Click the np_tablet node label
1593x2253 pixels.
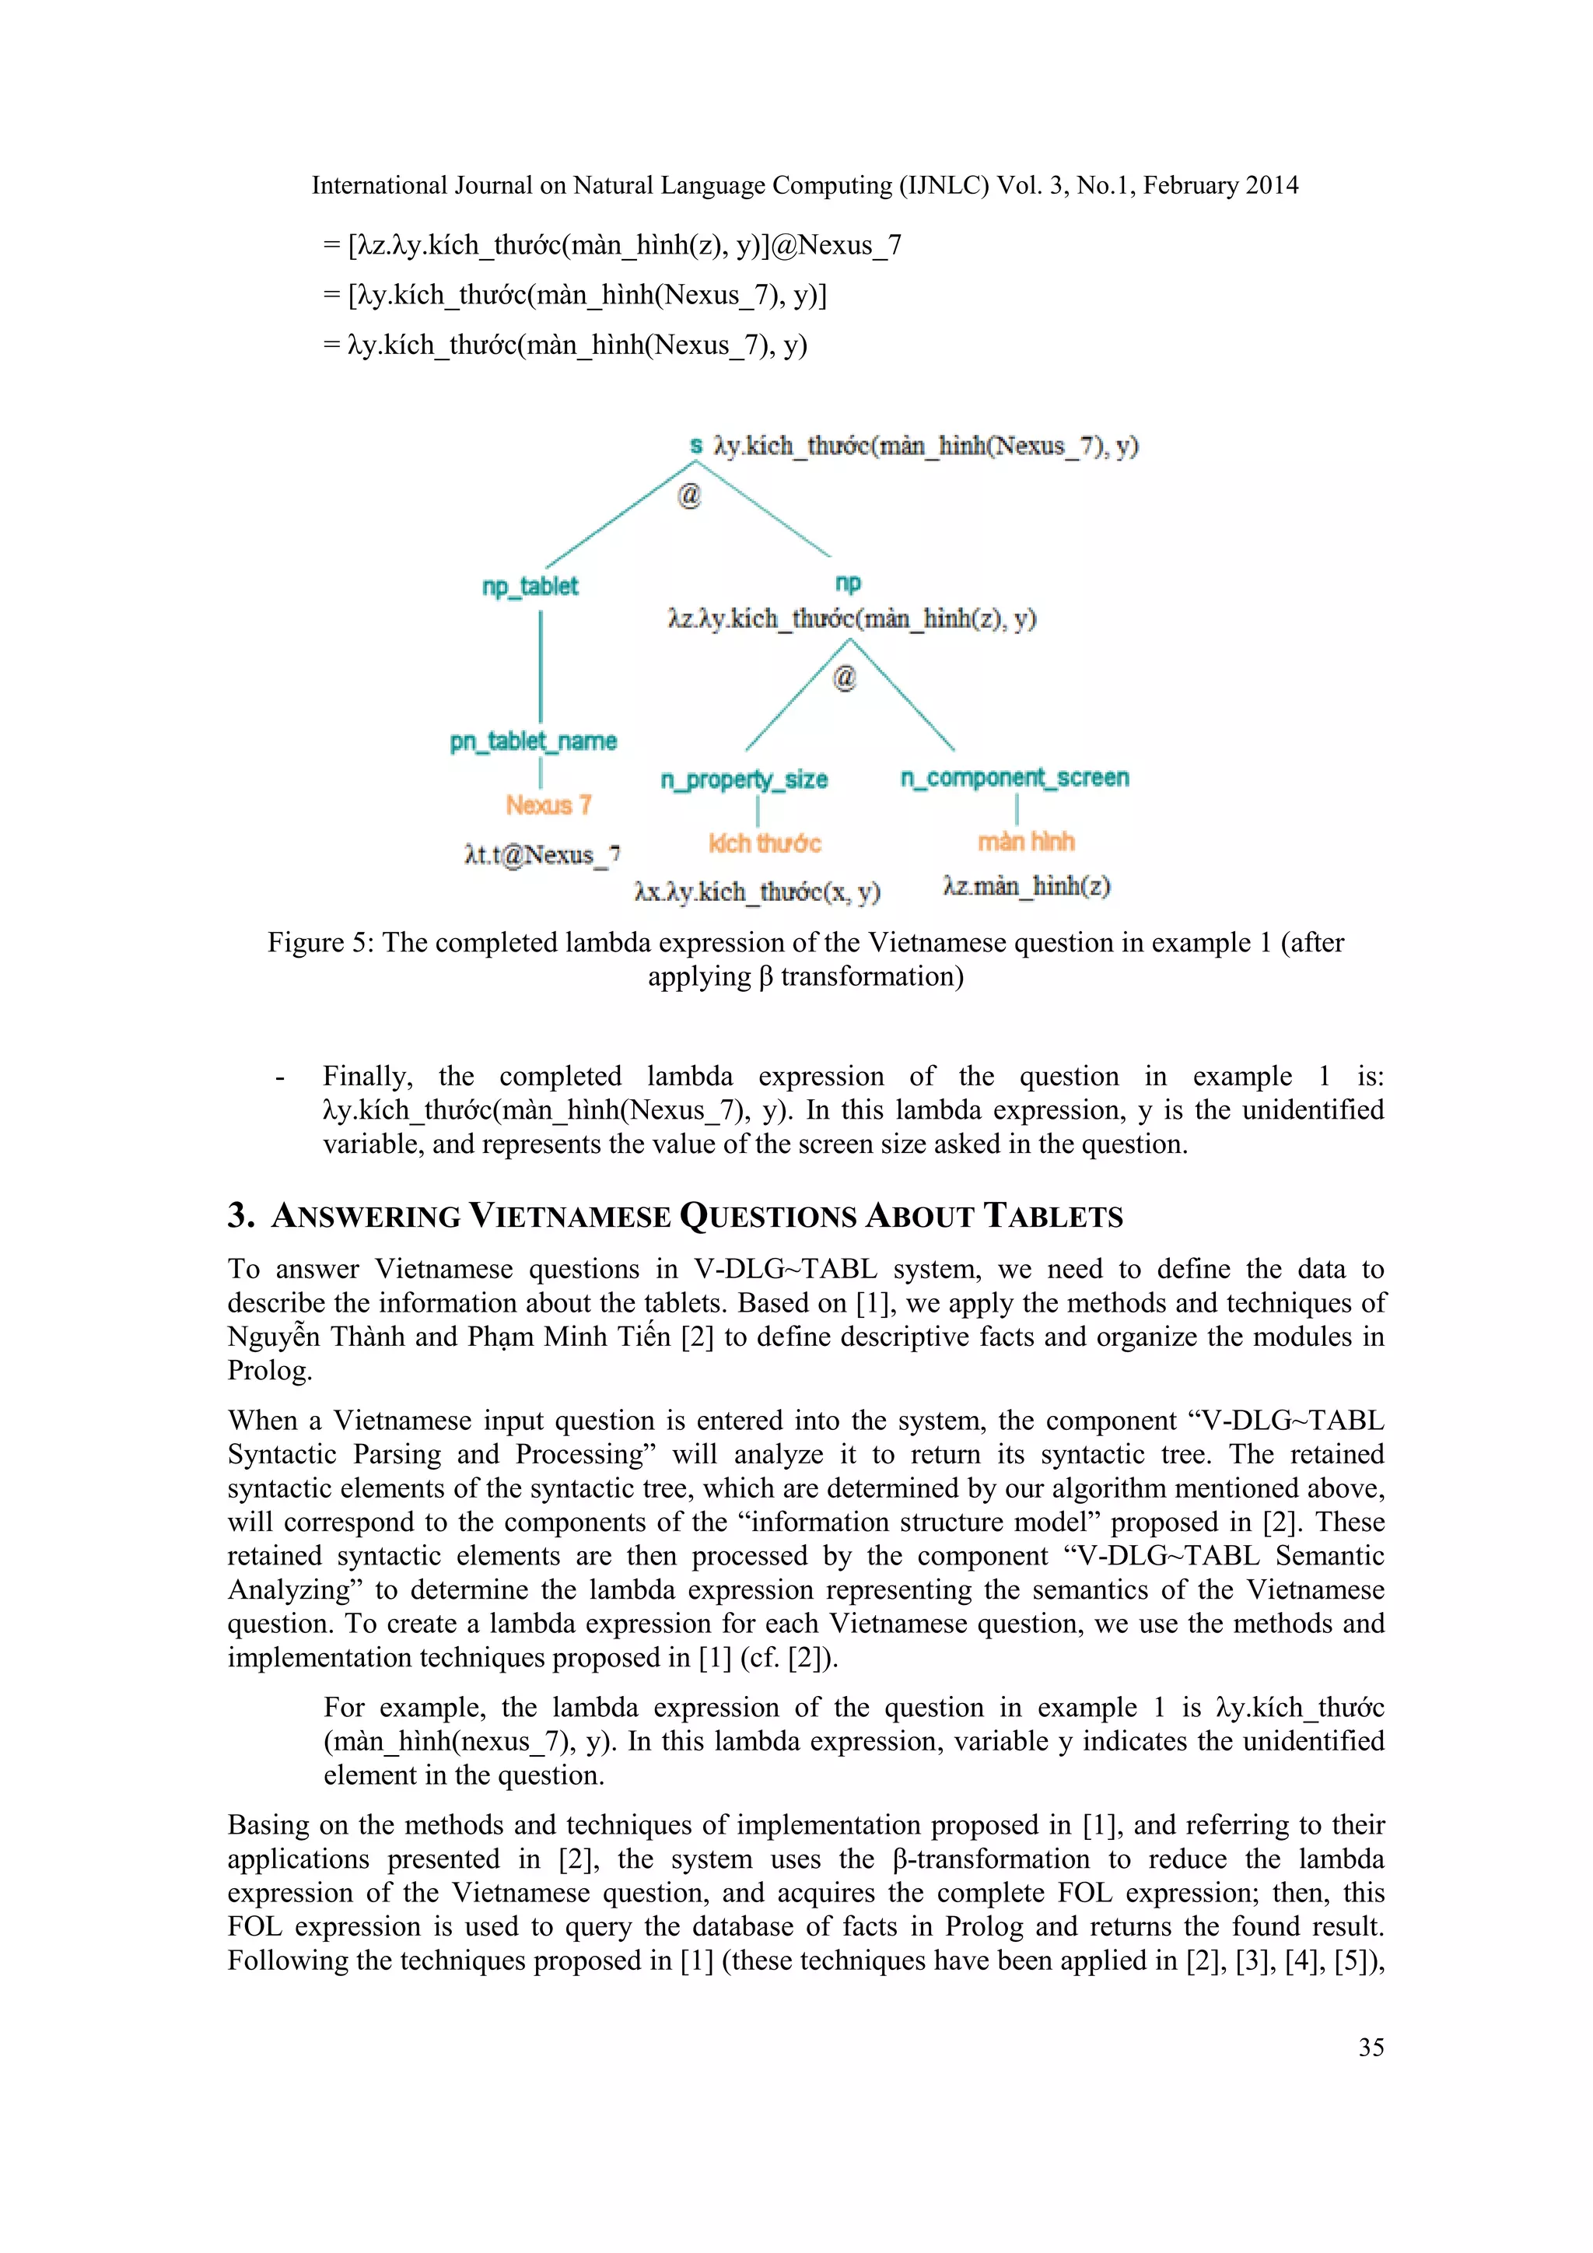[530, 587]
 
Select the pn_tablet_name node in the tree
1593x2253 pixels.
[533, 742]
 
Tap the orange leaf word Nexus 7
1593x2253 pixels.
[548, 806]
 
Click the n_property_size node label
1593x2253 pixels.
[744, 780]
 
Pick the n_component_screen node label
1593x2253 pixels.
[1014, 778]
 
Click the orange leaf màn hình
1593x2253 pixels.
[1025, 842]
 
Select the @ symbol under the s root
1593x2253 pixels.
[690, 496]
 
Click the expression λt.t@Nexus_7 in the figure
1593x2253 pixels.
[541, 856]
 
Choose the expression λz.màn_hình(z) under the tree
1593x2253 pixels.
[1026, 887]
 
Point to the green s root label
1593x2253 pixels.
[695, 447]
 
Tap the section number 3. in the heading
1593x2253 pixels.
[241, 1216]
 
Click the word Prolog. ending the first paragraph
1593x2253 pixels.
[270, 1371]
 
